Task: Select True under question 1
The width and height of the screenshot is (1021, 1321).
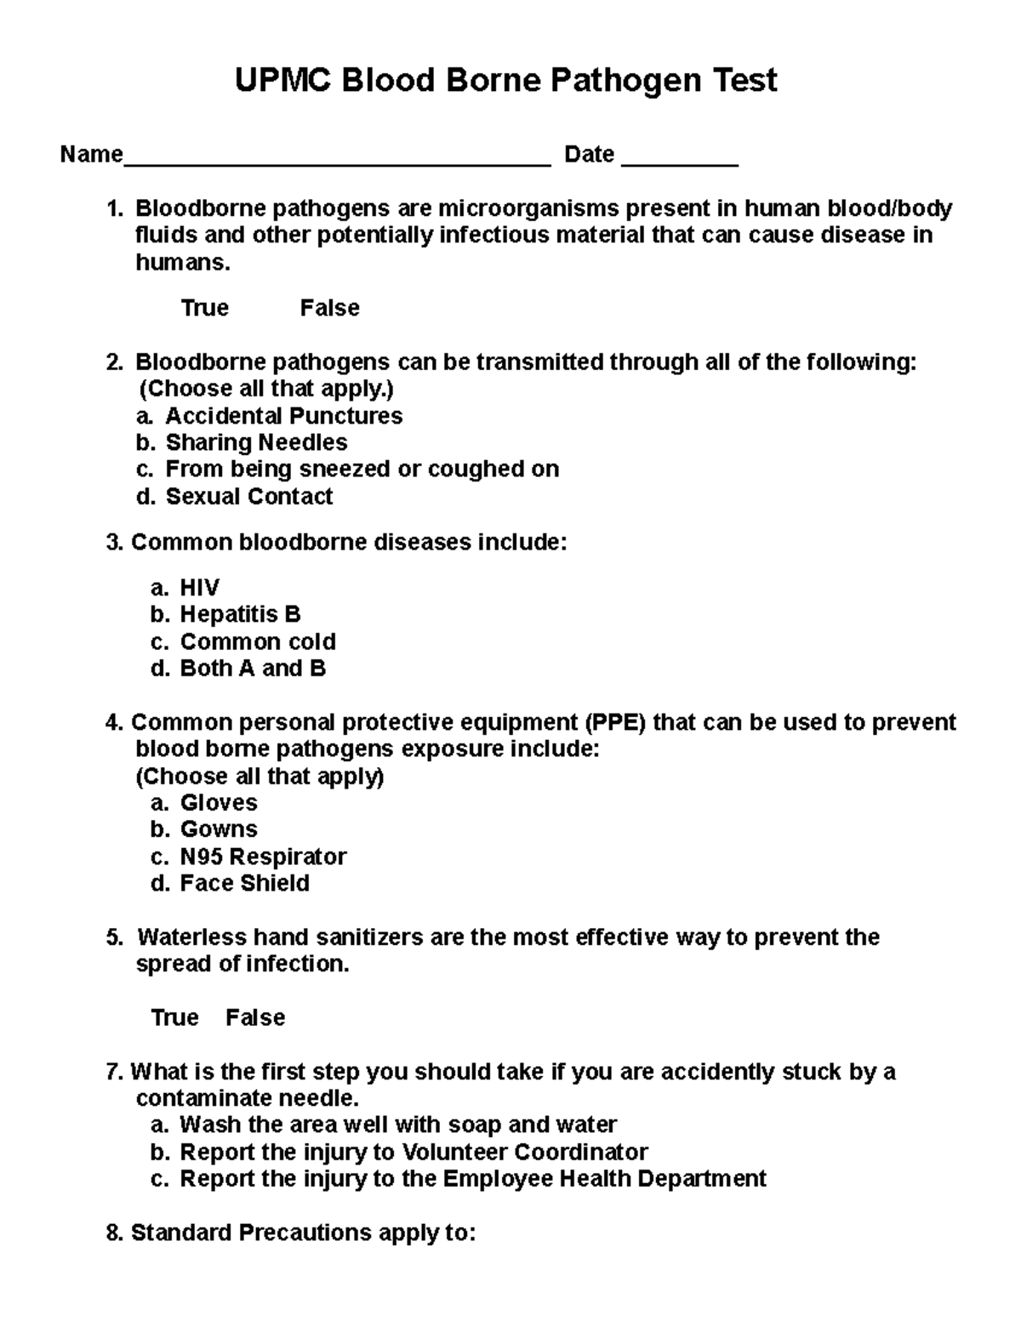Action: tap(204, 308)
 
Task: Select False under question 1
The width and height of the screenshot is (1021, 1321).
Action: tap(329, 308)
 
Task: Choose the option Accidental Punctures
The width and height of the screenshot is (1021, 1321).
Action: tap(283, 416)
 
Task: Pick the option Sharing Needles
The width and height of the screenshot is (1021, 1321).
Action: tap(256, 442)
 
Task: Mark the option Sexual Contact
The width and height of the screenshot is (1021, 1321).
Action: tap(248, 497)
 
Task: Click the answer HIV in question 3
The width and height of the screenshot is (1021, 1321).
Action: tap(199, 588)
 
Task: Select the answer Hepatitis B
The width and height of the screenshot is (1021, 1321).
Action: tap(240, 614)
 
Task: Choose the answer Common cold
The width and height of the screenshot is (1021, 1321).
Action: tap(258, 641)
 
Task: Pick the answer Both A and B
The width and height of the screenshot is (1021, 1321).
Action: tap(253, 669)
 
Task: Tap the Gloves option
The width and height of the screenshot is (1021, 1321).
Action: tap(219, 802)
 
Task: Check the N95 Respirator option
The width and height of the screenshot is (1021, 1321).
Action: tap(263, 857)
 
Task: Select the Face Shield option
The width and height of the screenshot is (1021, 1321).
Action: tap(244, 884)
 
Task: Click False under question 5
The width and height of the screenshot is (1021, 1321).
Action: tap(255, 1018)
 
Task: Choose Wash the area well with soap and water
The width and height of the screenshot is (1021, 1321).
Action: tap(397, 1125)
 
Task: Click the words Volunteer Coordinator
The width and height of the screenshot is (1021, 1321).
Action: tap(524, 1153)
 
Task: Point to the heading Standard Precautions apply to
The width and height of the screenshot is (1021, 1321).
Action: tap(302, 1233)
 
